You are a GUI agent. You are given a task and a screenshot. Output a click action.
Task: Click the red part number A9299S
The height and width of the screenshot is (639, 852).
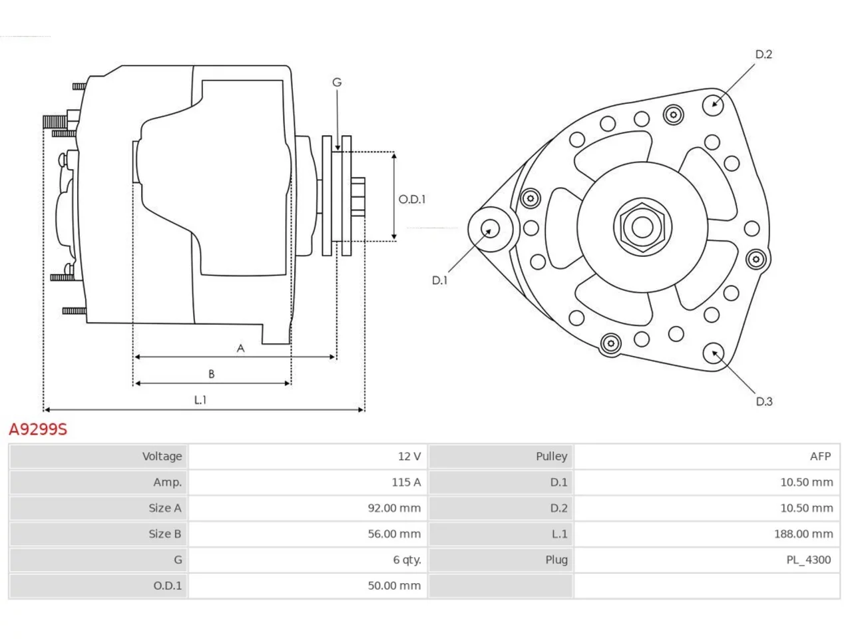point(38,429)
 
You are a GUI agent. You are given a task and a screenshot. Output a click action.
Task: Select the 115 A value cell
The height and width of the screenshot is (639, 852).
point(405,482)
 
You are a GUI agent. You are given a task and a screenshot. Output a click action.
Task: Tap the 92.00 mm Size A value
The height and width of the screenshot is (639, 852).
point(394,508)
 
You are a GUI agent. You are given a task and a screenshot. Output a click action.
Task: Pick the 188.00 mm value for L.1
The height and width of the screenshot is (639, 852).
point(803,534)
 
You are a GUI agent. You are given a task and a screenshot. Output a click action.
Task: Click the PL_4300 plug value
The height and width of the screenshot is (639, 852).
point(808,560)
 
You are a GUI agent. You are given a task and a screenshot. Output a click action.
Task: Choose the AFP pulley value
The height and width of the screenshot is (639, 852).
point(820,456)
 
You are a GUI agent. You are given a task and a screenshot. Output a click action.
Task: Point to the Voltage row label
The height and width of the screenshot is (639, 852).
point(162,456)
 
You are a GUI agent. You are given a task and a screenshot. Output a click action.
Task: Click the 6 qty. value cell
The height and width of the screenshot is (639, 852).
point(407,560)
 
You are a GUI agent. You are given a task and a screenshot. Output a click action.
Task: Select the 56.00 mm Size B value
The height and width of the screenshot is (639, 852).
point(394,534)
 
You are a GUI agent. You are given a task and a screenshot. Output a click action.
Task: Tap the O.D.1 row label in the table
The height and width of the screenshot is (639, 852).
point(167,586)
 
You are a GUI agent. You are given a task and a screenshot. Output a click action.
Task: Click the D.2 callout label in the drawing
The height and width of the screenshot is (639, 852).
point(763,55)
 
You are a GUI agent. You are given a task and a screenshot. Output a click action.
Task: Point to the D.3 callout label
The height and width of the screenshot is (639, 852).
point(764,401)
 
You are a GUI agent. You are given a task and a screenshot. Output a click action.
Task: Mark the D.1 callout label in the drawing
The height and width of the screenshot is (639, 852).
point(439,280)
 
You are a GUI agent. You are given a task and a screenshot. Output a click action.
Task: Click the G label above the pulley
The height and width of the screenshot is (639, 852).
point(337,83)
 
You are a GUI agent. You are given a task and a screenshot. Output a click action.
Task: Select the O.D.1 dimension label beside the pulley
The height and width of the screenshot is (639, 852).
point(412,200)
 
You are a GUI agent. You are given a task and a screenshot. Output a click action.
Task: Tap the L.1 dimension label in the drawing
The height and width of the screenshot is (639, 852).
point(200,399)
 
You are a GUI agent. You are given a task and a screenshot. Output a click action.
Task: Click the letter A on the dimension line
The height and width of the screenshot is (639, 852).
point(241,348)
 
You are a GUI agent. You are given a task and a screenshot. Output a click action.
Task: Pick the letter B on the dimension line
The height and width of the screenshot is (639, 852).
point(211,374)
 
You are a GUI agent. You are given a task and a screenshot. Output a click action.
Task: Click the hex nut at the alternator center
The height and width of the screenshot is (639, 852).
point(642,227)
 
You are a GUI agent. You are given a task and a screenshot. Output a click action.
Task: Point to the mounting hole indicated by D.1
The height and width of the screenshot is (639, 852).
point(491,229)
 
